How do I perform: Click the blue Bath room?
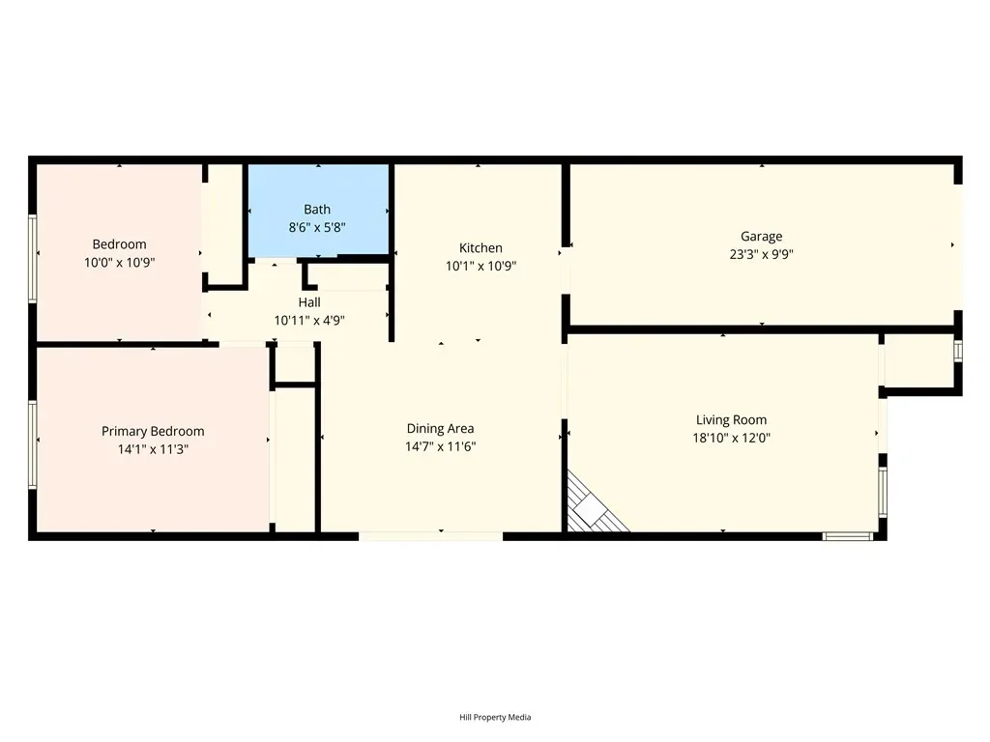(x=317, y=211)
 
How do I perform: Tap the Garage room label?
(x=762, y=237)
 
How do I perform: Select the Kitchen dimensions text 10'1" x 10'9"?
(x=480, y=267)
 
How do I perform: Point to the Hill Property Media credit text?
(x=495, y=717)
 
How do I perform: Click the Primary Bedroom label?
(x=153, y=432)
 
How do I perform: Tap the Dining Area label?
(x=440, y=428)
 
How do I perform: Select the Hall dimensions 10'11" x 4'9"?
(x=309, y=321)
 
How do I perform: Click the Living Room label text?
(x=731, y=420)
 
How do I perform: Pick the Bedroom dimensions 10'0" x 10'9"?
(x=119, y=263)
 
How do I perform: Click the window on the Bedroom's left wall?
(x=32, y=259)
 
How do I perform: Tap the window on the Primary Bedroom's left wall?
(x=32, y=444)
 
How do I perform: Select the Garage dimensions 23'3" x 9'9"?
(x=762, y=254)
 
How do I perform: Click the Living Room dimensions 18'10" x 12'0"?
(x=731, y=438)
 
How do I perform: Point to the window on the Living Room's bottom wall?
(x=848, y=537)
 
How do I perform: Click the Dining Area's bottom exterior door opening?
(x=430, y=537)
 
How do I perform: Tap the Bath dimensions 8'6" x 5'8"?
(x=317, y=228)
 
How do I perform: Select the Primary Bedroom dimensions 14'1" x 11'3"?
(x=153, y=449)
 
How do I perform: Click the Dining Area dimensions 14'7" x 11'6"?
(x=440, y=446)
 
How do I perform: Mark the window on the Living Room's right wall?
(x=883, y=492)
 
